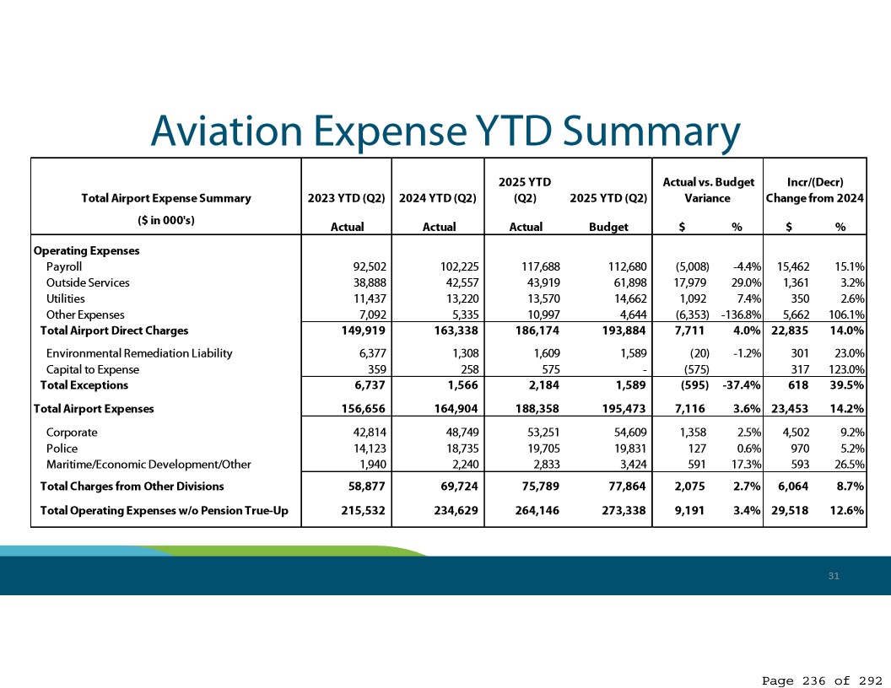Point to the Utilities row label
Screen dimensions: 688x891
click(66, 298)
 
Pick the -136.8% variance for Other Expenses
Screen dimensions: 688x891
click(738, 314)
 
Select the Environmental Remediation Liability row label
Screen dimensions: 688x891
click(139, 353)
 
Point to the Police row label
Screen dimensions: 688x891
click(61, 449)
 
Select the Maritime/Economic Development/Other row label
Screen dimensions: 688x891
click(148, 465)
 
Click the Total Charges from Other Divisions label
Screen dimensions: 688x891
click(132, 486)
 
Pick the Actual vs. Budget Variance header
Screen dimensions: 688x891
click(708, 191)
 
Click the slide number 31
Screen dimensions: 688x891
click(834, 576)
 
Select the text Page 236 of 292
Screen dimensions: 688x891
click(822, 680)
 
